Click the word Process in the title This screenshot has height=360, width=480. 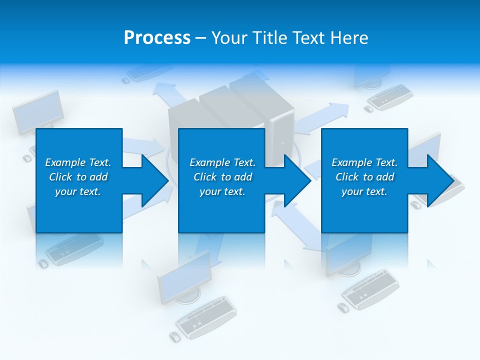click(x=157, y=38)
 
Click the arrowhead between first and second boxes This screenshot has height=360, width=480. click(x=152, y=180)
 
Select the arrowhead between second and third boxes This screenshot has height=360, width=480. click(x=295, y=180)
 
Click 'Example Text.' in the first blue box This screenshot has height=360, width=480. click(x=78, y=162)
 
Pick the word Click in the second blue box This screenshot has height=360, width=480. click(x=204, y=177)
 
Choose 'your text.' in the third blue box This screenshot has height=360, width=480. click(x=364, y=191)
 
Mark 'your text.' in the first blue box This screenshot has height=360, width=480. click(x=78, y=191)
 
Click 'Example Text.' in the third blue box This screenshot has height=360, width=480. click(x=364, y=162)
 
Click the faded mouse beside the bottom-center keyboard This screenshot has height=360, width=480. click(x=174, y=336)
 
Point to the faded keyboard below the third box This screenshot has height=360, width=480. click(x=370, y=289)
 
